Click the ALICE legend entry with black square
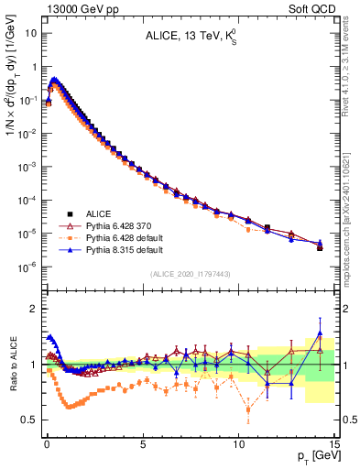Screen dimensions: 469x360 90,212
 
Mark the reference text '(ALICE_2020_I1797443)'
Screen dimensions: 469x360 190,274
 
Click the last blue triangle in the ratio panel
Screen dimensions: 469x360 319,333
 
